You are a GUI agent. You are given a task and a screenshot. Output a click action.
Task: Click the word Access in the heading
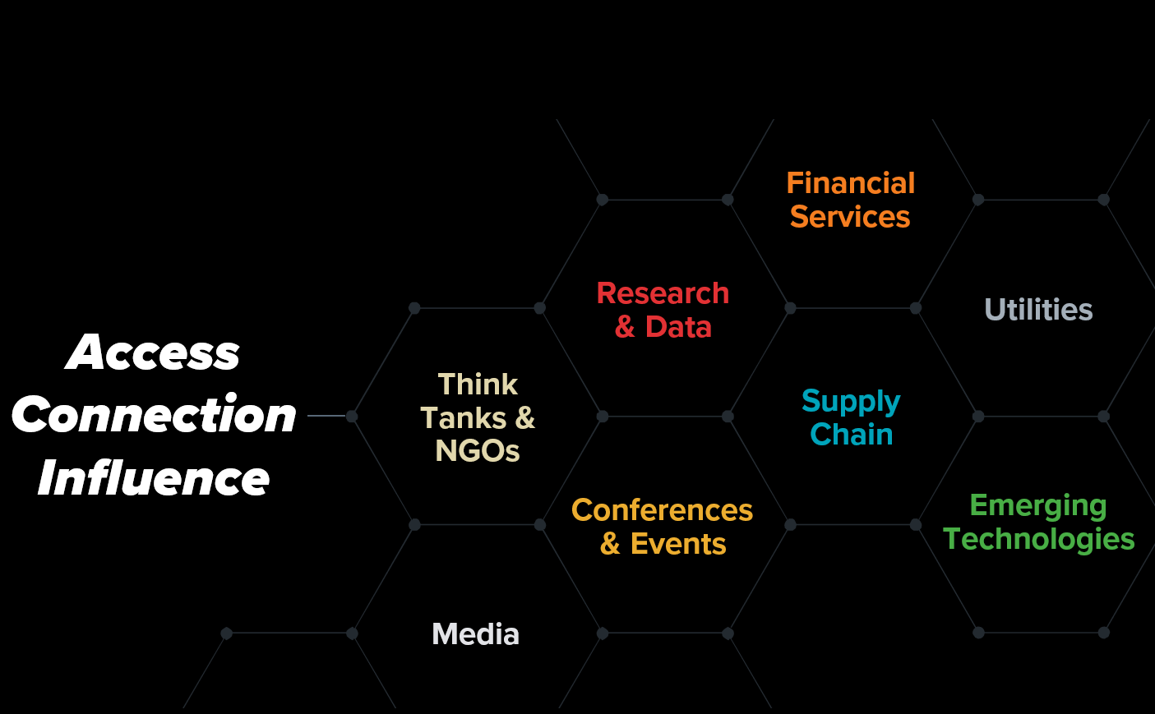pos(153,352)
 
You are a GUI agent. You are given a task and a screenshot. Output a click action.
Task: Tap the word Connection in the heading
pos(154,414)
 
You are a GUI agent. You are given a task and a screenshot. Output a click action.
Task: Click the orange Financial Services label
pos(850,200)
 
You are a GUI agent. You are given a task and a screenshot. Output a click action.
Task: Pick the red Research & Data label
pos(663,310)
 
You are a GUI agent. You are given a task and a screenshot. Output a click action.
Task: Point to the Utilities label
pos(1038,309)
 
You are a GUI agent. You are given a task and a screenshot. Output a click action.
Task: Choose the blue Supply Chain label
pos(851,417)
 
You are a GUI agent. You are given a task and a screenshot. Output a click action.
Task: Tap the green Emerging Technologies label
pos(1038,522)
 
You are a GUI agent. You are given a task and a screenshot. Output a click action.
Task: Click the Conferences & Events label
pos(663,527)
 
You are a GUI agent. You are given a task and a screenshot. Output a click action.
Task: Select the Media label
pos(475,634)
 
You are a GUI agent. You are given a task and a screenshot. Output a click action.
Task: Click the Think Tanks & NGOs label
pos(478,417)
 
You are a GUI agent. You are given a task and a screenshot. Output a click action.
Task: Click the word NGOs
pos(478,450)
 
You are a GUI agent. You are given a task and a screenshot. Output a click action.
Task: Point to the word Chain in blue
pos(852,434)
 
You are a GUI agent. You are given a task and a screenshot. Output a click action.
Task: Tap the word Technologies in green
pos(1038,539)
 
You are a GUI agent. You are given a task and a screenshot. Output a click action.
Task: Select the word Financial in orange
pos(851,183)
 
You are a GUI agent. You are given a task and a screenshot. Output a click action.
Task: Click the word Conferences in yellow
pos(663,510)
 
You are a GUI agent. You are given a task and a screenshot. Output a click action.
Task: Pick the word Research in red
pos(663,294)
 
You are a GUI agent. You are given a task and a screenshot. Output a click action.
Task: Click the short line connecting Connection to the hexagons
pos(326,416)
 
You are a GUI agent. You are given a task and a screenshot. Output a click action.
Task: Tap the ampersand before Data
pos(625,327)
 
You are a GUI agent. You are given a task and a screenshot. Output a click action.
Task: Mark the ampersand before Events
pos(610,544)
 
